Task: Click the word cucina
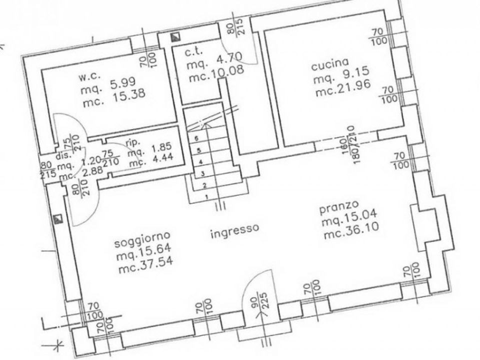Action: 329,64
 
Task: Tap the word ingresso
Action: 235,231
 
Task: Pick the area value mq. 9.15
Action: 341,76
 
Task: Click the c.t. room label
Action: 194,52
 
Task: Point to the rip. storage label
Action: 133,142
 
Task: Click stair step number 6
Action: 196,138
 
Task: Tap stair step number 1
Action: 207,197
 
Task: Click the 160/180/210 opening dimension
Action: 350,145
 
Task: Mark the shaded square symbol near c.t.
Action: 175,37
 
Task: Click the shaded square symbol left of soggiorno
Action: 57,218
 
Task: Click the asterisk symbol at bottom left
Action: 58,344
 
